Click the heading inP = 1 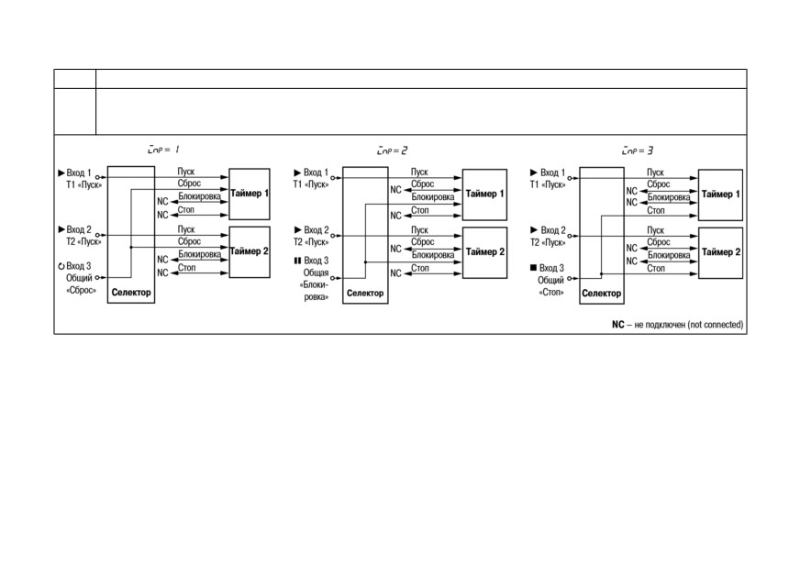pyautogui.click(x=163, y=150)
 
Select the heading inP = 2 pyautogui.click(x=392, y=150)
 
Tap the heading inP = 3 pyautogui.click(x=638, y=150)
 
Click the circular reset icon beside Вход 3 pyautogui.click(x=61, y=266)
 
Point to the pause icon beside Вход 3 pyautogui.click(x=298, y=261)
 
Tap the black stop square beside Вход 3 pyautogui.click(x=534, y=267)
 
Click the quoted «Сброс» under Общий pyautogui.click(x=81, y=291)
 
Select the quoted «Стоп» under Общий pyautogui.click(x=551, y=293)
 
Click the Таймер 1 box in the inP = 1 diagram pyautogui.click(x=250, y=194)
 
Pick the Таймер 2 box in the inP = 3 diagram pyautogui.click(x=720, y=252)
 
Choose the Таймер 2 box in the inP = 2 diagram pyautogui.click(x=484, y=252)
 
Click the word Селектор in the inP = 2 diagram pyautogui.click(x=365, y=294)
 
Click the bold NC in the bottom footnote pyautogui.click(x=617, y=325)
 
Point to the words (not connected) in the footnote pyautogui.click(x=716, y=325)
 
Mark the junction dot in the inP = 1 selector pyautogui.click(x=131, y=247)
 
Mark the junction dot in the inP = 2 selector pyautogui.click(x=365, y=261)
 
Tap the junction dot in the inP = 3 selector pyautogui.click(x=602, y=274)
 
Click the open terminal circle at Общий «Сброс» pyautogui.click(x=97, y=278)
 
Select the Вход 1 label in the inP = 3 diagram pyautogui.click(x=552, y=173)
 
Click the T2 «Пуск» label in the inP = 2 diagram pyautogui.click(x=311, y=242)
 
